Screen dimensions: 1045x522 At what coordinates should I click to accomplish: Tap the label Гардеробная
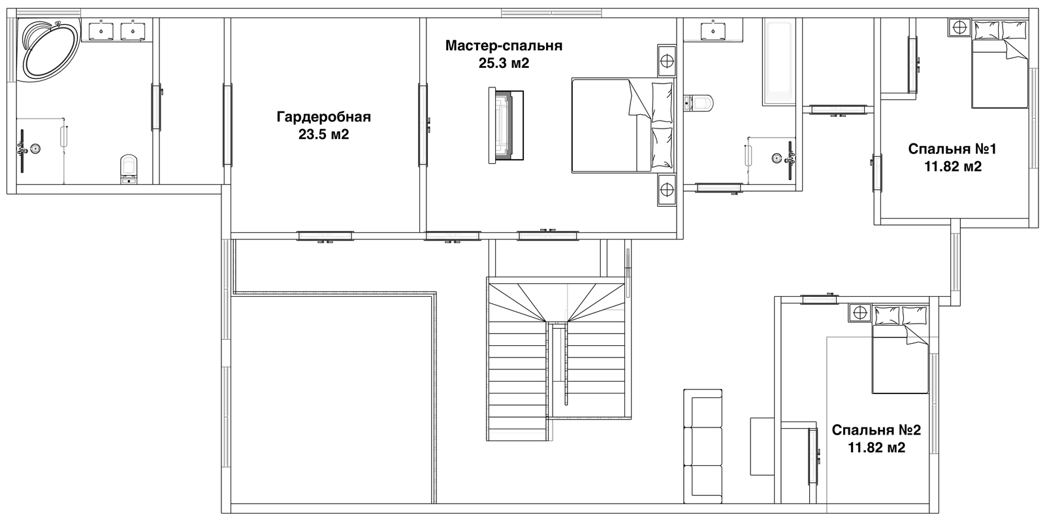324,117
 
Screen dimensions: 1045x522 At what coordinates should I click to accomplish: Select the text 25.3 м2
504,63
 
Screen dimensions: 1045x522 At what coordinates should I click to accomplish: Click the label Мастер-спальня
504,46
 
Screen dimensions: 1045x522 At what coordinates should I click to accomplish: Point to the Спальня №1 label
953,149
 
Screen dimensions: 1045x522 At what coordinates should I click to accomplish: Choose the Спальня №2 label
876,430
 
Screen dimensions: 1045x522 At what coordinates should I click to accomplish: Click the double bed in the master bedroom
623,125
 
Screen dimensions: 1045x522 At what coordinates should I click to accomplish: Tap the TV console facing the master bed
506,125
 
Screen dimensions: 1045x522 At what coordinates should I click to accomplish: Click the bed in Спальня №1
1000,64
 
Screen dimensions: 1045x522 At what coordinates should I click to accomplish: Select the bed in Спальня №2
901,350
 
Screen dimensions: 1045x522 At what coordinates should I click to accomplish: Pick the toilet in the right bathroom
698,102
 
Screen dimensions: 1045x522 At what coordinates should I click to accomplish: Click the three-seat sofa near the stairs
703,453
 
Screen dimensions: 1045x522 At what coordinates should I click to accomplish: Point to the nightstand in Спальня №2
860,313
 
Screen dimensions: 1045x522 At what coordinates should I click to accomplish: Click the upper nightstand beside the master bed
667,61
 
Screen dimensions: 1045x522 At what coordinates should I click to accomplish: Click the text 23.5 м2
324,134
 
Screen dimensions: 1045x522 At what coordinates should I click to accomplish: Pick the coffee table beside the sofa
762,446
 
